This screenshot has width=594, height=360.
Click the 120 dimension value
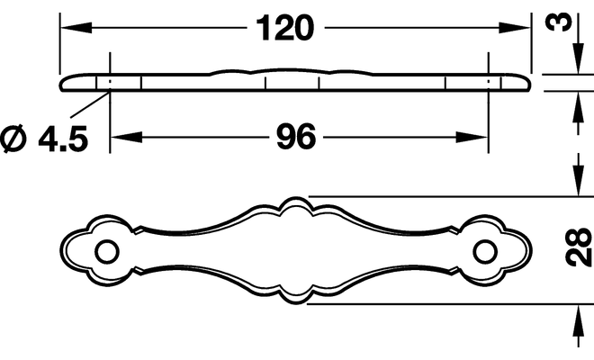click(x=285, y=28)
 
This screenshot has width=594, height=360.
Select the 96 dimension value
click(x=296, y=137)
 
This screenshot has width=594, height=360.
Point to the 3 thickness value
click(x=558, y=22)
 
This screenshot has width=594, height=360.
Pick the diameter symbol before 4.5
click(x=14, y=139)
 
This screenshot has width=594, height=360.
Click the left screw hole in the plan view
click(x=107, y=252)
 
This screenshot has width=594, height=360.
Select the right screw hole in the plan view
click(x=485, y=252)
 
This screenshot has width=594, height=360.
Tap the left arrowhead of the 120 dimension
click(x=76, y=28)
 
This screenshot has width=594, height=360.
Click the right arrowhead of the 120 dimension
click(x=514, y=28)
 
